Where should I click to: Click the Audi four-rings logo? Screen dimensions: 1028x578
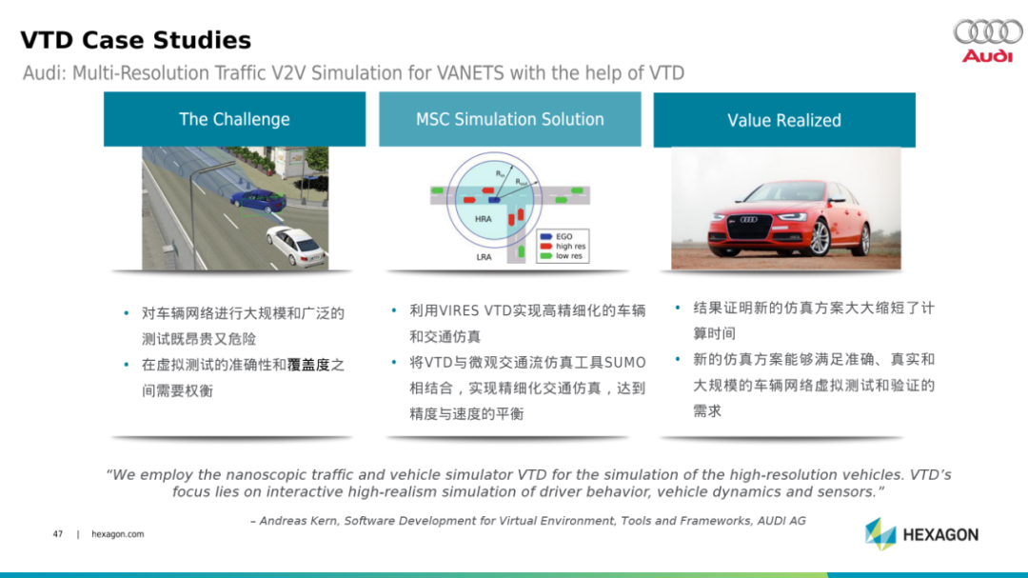click(x=988, y=30)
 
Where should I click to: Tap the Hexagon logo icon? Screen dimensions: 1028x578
click(x=880, y=534)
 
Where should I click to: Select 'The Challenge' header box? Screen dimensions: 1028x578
click(x=235, y=119)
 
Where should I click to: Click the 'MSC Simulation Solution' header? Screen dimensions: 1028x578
click(x=510, y=119)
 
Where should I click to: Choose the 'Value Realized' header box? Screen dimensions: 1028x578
click(x=784, y=120)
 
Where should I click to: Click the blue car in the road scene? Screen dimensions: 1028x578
click(x=258, y=200)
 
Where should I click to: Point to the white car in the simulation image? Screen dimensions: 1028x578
click(x=297, y=246)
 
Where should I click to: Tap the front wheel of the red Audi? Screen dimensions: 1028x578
click(x=819, y=237)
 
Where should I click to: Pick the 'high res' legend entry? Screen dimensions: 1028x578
click(x=563, y=246)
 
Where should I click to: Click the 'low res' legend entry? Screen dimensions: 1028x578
click(x=562, y=256)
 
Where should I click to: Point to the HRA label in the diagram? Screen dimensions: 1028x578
click(x=484, y=219)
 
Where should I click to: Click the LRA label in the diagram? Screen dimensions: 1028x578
click(x=484, y=257)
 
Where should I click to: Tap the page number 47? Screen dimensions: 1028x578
click(x=58, y=534)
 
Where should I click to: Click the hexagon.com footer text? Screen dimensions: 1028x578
click(x=117, y=534)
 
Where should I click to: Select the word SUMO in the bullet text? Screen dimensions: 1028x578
click(x=624, y=363)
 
